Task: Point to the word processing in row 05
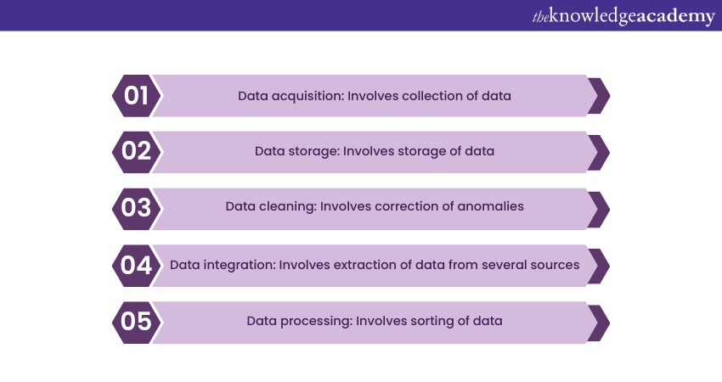tap(315, 322)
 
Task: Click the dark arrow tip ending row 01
tap(599, 96)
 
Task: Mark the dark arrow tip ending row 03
tap(599, 209)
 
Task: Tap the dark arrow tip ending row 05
tap(599, 322)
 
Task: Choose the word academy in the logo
tap(672, 16)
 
